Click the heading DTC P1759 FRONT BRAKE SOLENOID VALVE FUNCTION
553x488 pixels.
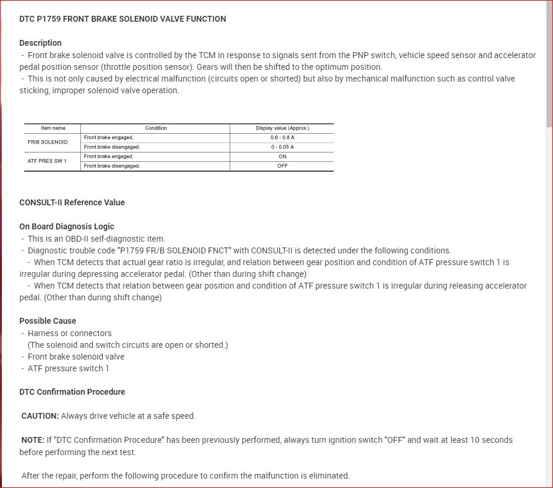[123, 19]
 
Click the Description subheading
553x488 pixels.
[40, 43]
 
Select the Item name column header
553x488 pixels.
[53, 128]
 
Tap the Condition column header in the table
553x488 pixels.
[155, 128]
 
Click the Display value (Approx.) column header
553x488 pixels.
[282, 128]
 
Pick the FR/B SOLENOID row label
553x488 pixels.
[48, 142]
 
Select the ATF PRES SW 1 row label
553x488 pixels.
[47, 161]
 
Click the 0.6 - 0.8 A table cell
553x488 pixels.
[282, 137]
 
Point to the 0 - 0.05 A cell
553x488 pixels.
[282, 147]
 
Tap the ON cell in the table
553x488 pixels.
[282, 157]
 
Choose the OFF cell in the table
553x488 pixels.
[282, 166]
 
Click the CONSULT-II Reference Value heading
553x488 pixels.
[72, 202]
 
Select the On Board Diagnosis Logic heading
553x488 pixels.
[67, 226]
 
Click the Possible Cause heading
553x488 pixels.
[48, 321]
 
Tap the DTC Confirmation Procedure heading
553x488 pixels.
[72, 392]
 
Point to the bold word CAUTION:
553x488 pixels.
[40, 416]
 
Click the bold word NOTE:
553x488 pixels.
[33, 440]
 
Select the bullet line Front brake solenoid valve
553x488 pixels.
[76, 357]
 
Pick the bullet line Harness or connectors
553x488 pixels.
[69, 333]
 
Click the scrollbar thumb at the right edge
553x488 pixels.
[549, 65]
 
